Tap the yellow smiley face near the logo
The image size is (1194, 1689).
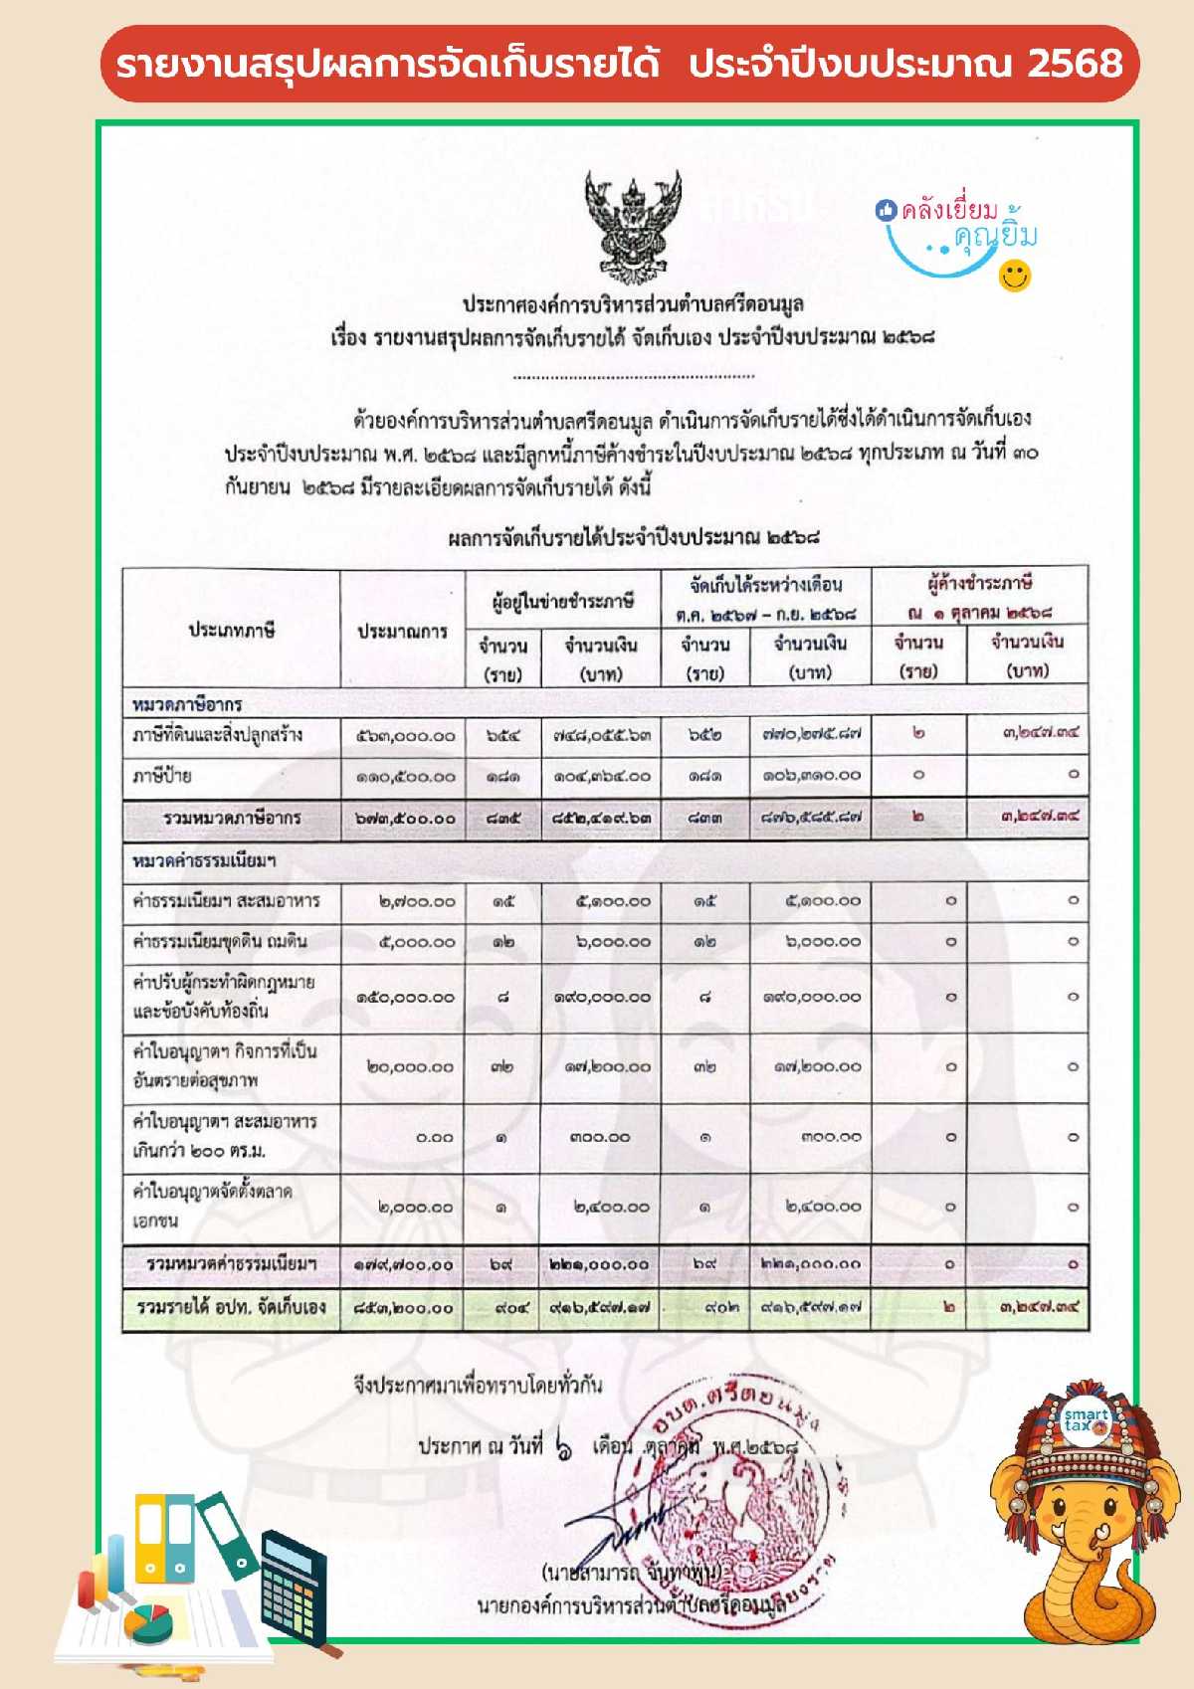pos(1014,276)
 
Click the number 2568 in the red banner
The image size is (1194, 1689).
pos(1075,64)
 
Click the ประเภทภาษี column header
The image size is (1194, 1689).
pos(231,630)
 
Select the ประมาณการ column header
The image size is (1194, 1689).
pos(402,631)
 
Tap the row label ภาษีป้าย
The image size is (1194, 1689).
pos(162,775)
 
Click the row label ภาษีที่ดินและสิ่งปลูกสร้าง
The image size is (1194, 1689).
pos(217,735)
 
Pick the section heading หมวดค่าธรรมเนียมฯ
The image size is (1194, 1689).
pos(204,859)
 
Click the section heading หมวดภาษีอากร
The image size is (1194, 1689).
pos(187,703)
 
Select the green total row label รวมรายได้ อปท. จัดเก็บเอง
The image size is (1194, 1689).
pos(231,1307)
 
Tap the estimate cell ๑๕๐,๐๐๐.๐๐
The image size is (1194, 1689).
pos(405,997)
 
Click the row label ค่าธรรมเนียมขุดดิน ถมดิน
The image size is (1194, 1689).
pos(220,941)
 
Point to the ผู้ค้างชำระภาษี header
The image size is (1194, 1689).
pos(979,583)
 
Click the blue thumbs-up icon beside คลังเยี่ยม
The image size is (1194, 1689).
pos(886,210)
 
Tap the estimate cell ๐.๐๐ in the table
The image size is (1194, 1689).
pos(435,1137)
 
